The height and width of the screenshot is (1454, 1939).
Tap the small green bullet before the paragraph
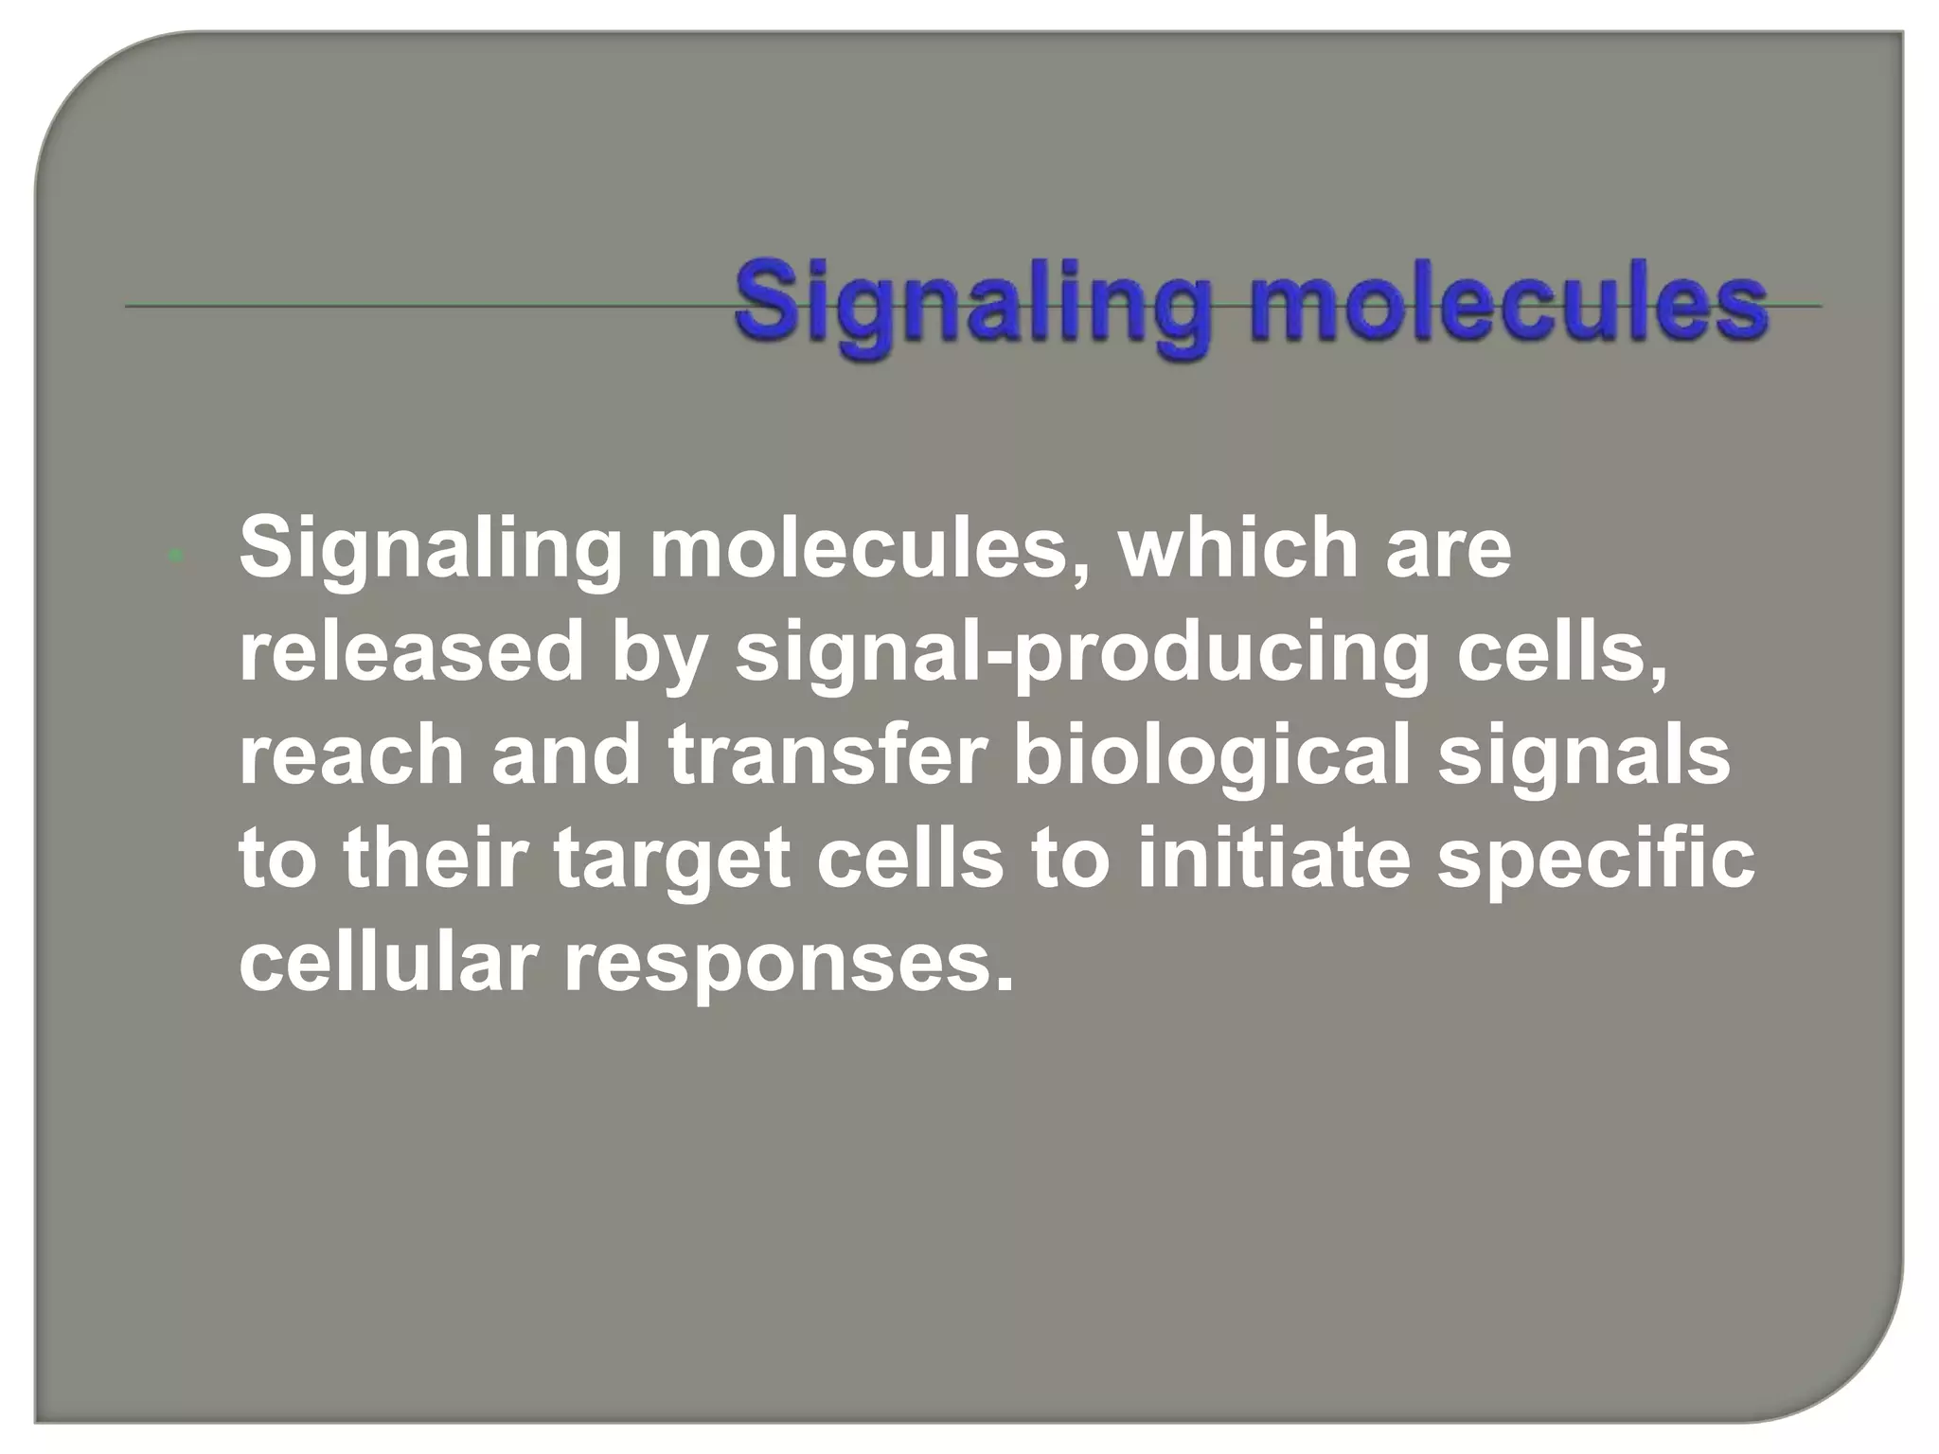click(174, 557)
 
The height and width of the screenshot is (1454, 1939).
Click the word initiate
click(1273, 859)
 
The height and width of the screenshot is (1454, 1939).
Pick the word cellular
click(388, 963)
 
